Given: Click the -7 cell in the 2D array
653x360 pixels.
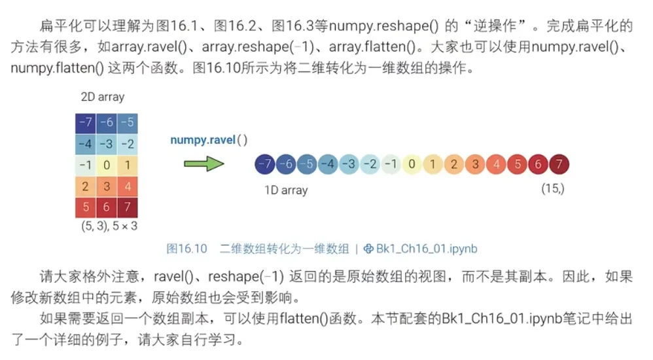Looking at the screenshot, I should point(86,122).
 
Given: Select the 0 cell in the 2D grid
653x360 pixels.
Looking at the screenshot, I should point(106,165).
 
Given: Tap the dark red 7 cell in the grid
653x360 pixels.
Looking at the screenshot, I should point(128,207).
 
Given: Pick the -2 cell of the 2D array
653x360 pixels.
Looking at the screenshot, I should point(128,144).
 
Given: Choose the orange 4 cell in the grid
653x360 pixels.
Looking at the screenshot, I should point(128,187).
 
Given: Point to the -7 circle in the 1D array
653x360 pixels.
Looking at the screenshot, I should point(265,164).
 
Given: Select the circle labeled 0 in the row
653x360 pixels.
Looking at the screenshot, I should point(412,164).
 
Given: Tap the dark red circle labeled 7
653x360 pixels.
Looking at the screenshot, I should point(559,164).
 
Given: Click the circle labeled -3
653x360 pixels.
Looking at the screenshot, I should point(349,164).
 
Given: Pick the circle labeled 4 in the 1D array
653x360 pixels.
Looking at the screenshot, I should point(496,164).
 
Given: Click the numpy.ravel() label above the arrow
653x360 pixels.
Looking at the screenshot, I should point(209,139).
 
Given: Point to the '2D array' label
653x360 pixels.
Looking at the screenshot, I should point(102,97).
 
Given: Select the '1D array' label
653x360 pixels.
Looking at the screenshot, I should point(285,190).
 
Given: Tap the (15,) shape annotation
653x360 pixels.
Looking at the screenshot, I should point(553,189).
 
